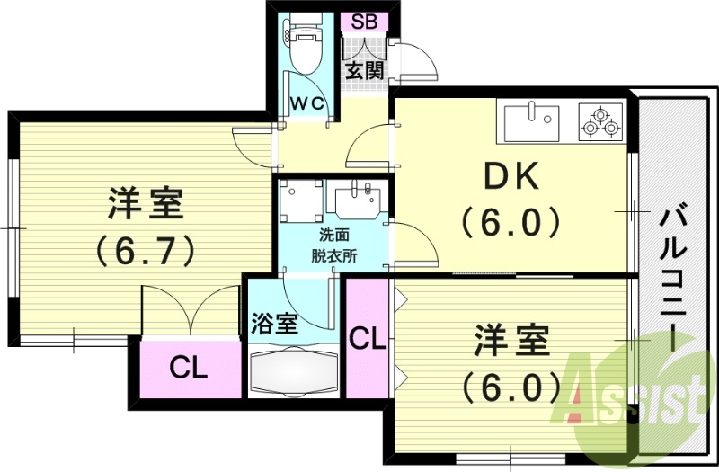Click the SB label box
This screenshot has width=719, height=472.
(364, 22)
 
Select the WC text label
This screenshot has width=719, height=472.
(306, 103)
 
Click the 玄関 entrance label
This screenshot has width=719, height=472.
(364, 68)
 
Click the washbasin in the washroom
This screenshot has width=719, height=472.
(358, 199)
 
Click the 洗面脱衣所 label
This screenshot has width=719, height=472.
(334, 245)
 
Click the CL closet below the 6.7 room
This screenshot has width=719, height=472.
(190, 367)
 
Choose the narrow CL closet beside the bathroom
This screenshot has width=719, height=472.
(367, 340)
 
